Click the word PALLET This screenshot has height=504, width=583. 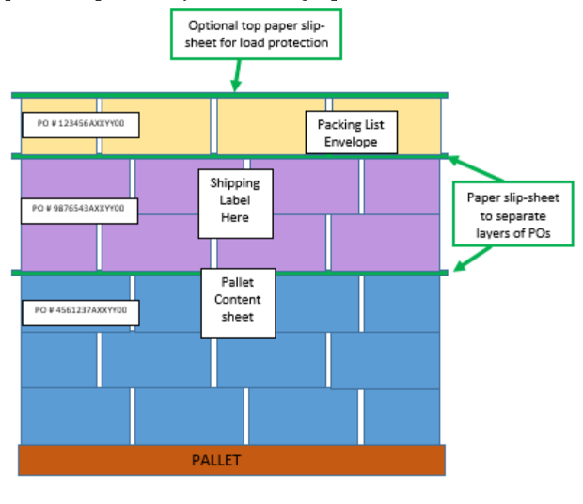pos(216,460)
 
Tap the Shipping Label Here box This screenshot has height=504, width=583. pos(235,201)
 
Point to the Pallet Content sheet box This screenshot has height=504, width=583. pos(238,301)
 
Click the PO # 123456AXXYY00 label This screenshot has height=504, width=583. pos(80,123)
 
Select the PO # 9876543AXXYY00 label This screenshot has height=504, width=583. pos(80,209)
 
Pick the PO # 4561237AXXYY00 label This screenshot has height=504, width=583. pos(80,309)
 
